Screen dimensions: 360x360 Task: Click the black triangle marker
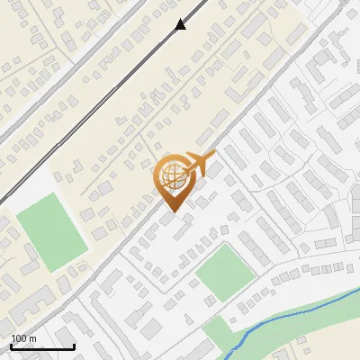(181, 24)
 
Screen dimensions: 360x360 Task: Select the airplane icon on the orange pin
(199, 165)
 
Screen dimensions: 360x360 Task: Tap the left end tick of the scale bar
(11, 346)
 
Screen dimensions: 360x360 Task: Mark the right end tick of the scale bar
(74, 346)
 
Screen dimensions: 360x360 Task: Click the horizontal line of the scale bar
(42, 347)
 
